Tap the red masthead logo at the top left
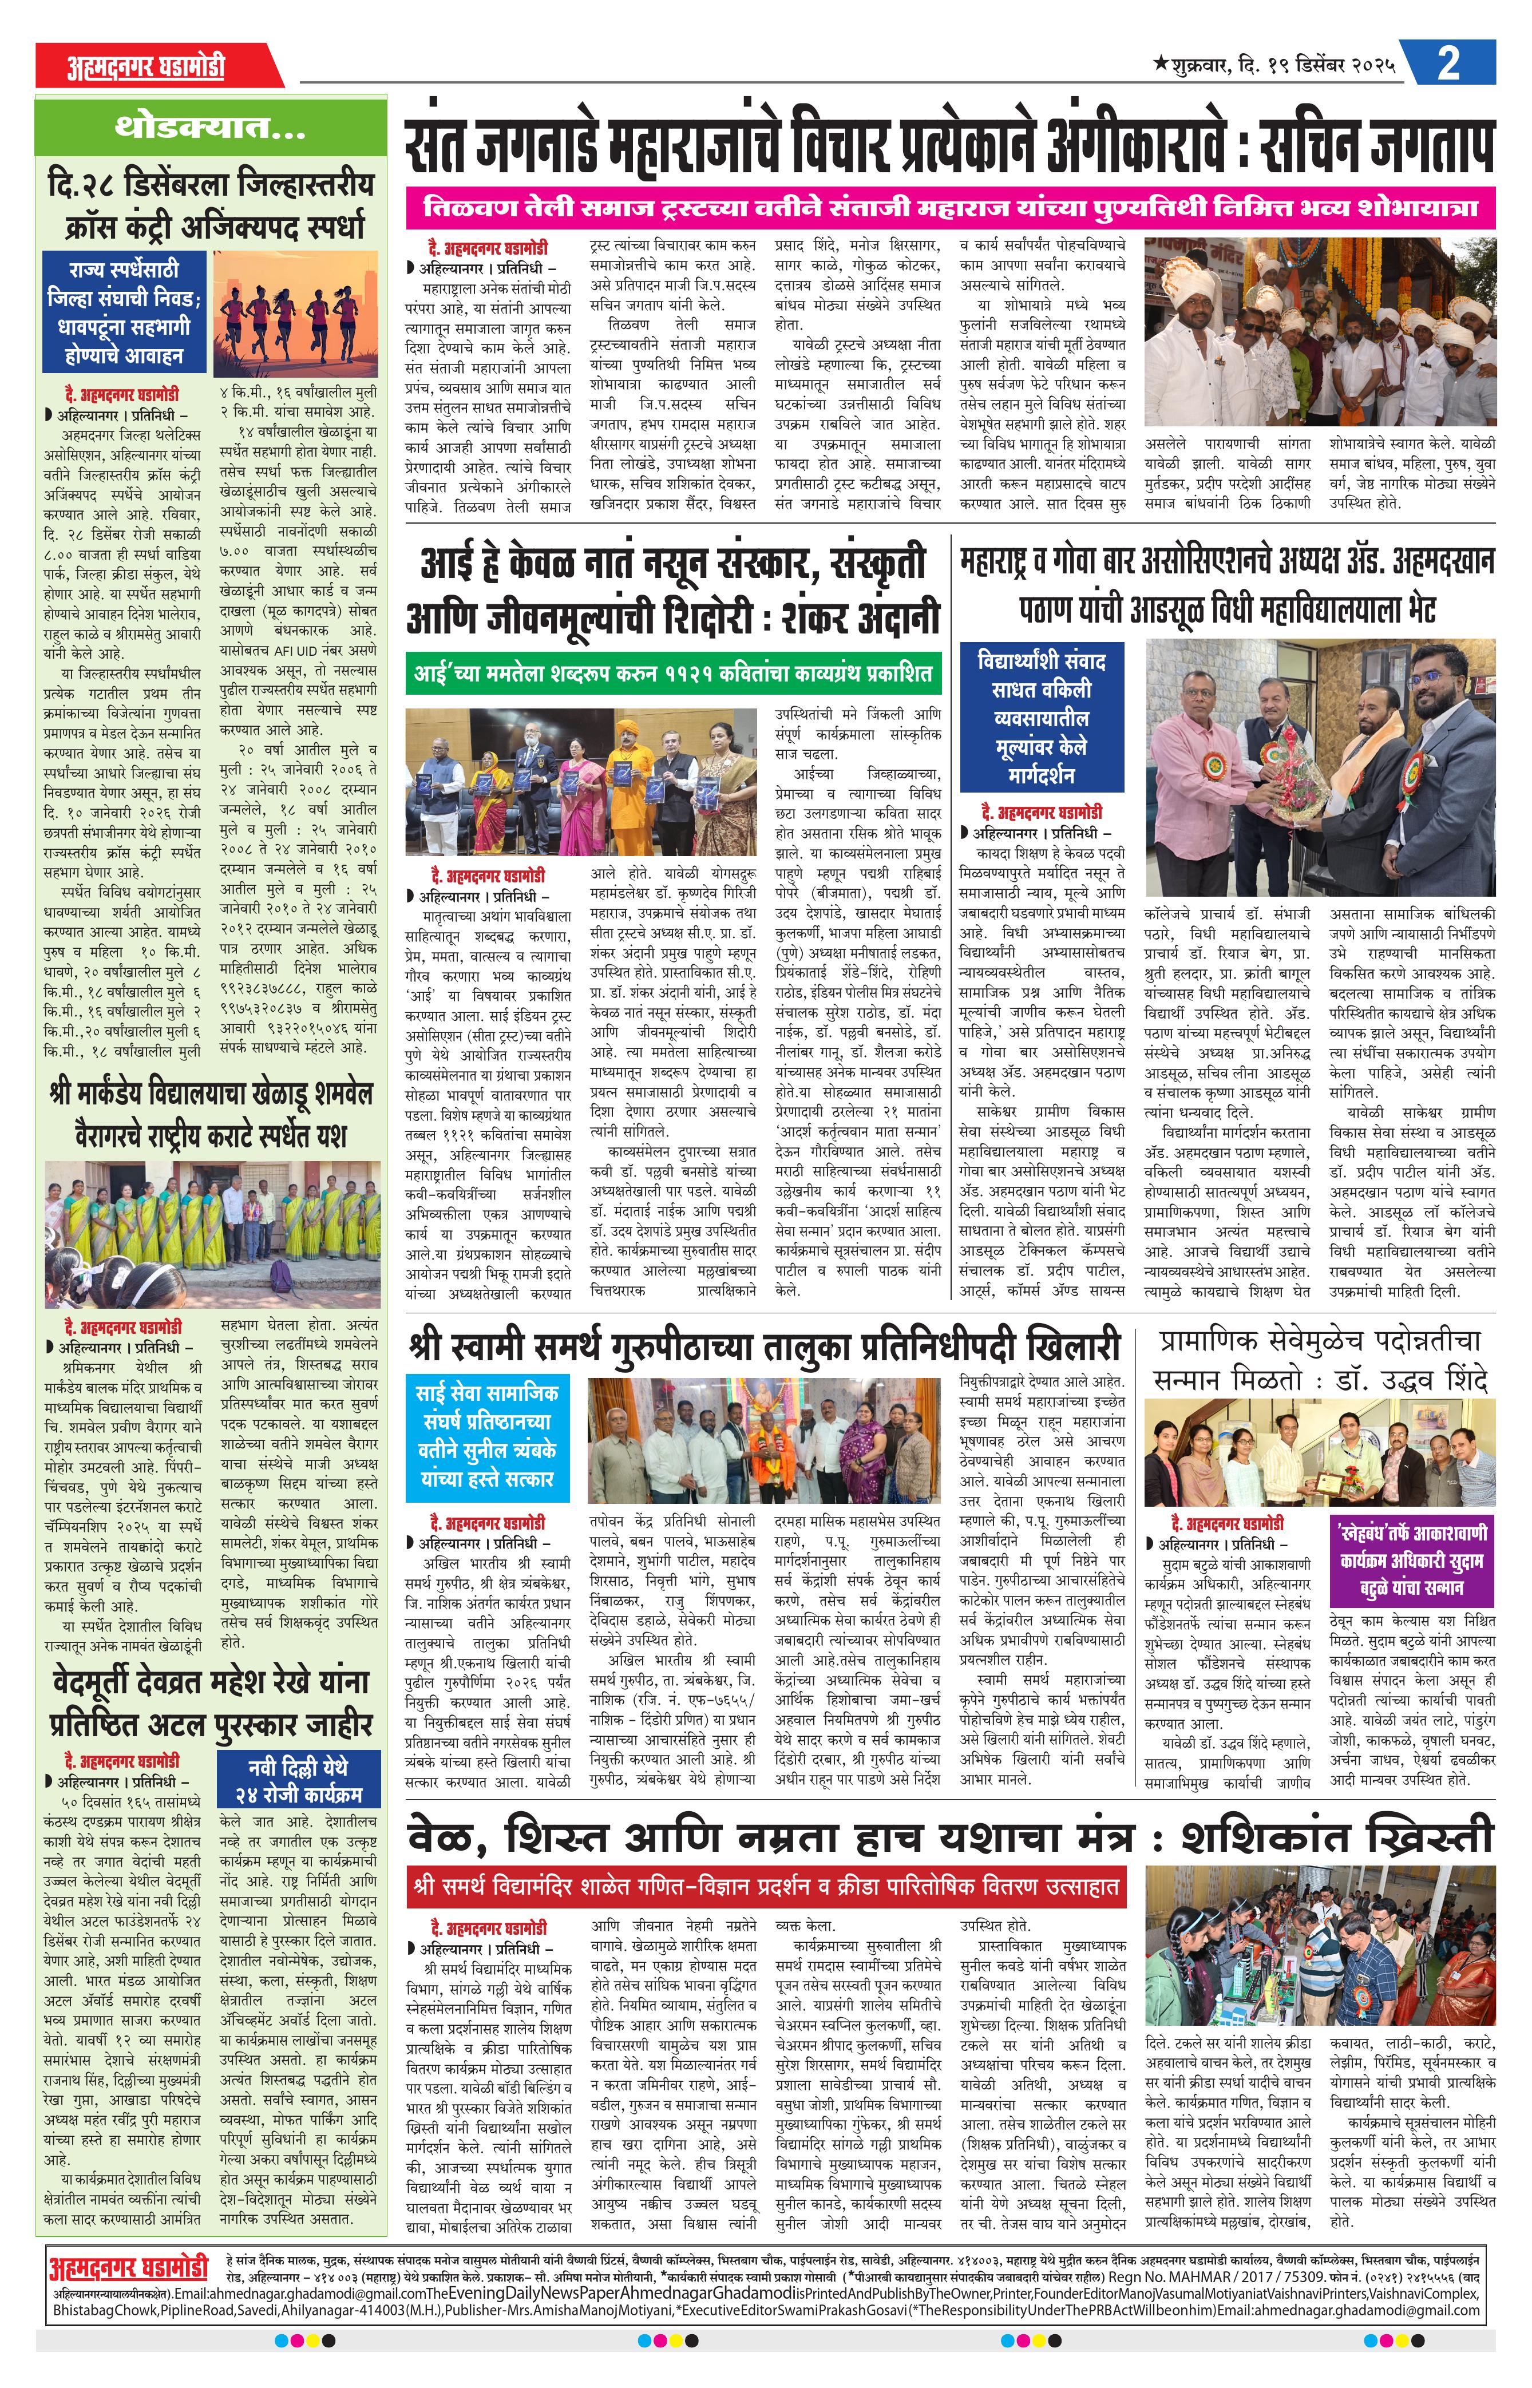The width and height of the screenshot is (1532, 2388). (x=147, y=66)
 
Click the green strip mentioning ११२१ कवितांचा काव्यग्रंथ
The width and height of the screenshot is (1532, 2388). (x=674, y=674)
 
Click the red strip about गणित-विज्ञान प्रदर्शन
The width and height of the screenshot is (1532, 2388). (x=766, y=1886)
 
